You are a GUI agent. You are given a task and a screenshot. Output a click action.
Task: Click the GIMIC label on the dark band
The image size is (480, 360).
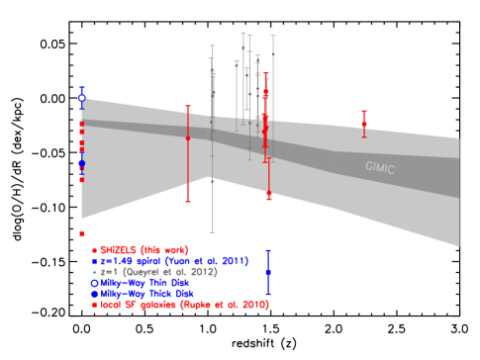pyautogui.click(x=379, y=168)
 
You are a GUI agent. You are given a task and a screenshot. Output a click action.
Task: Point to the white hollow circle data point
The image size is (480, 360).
pyautogui.click(x=82, y=98)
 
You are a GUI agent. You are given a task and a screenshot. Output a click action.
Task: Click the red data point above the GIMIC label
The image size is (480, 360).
pyautogui.click(x=364, y=124)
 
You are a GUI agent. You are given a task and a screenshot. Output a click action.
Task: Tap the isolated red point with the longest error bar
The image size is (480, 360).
pyautogui.click(x=188, y=137)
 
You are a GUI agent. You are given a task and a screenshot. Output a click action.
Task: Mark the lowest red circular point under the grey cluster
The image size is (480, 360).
pyautogui.click(x=269, y=194)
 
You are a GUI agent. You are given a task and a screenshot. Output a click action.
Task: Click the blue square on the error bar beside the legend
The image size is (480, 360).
pyautogui.click(x=268, y=271)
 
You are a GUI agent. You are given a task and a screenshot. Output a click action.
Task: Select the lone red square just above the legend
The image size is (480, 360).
pyautogui.click(x=82, y=233)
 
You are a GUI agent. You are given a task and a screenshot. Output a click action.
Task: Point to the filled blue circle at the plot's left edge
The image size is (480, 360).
pyautogui.click(x=82, y=162)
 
